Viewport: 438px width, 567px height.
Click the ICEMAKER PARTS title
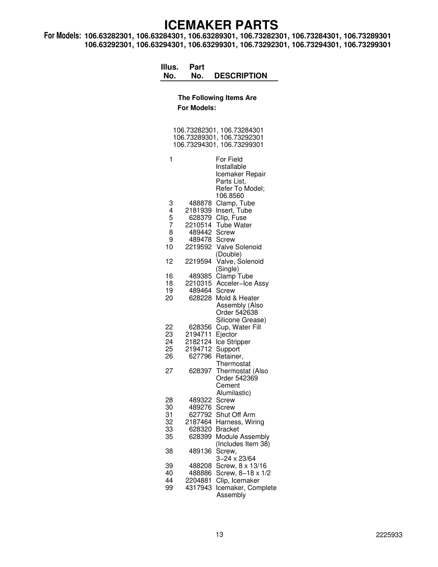click(x=221, y=25)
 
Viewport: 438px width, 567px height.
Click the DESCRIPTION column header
click(x=240, y=76)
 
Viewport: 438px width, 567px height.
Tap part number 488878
click(x=200, y=203)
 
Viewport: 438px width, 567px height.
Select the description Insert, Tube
click(x=234, y=211)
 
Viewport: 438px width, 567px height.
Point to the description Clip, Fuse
click(x=231, y=218)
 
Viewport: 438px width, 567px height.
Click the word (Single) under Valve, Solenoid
click(x=227, y=269)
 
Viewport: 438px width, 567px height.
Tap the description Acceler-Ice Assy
click(x=242, y=283)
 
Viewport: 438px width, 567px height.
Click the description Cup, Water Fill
click(x=238, y=327)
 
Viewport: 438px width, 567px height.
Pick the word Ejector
click(x=226, y=334)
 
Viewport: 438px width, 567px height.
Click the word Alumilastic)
click(x=234, y=393)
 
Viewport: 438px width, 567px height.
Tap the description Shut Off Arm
click(x=235, y=415)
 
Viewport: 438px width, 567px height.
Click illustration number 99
click(x=169, y=488)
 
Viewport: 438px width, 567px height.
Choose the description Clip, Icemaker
click(x=238, y=480)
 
